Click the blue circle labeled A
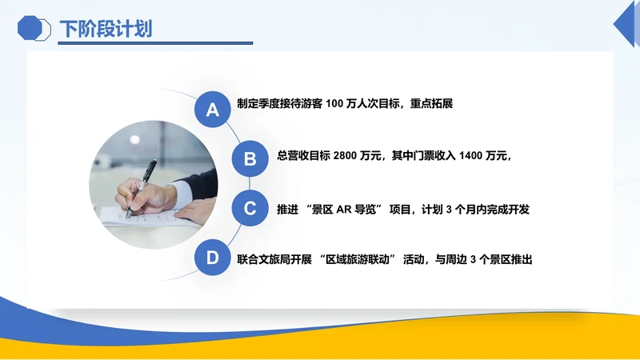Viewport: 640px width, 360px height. tap(212, 110)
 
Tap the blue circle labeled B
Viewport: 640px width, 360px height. tap(250, 159)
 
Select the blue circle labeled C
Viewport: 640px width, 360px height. tap(250, 209)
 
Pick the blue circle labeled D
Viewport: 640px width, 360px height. tap(212, 258)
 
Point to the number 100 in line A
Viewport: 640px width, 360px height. tap(336, 105)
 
